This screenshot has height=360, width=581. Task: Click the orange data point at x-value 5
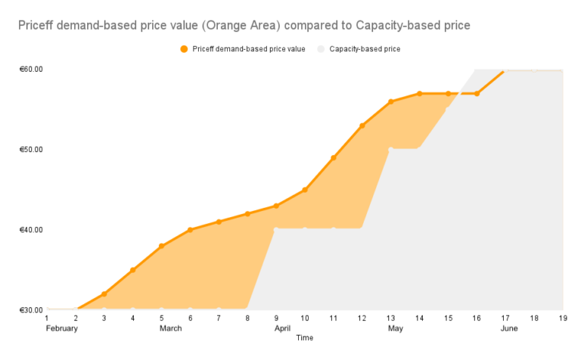coord(161,247)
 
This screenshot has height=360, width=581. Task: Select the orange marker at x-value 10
coord(305,190)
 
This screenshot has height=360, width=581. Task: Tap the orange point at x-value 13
coord(390,101)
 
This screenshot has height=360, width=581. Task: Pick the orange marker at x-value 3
coord(104,293)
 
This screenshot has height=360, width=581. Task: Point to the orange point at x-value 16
coord(477,94)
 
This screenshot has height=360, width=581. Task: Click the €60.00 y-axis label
coord(31,70)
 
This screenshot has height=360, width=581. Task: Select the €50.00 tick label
coord(31,150)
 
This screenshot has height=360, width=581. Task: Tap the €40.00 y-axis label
coord(31,230)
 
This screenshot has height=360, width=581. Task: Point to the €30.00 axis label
coord(31,310)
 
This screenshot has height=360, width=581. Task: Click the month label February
coord(62,329)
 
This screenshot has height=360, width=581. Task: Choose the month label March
coord(170,329)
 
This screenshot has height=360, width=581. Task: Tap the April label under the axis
coord(282,329)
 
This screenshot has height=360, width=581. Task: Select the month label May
coord(395,329)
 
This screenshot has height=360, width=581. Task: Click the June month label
coord(509,329)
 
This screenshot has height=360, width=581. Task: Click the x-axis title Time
coord(304,338)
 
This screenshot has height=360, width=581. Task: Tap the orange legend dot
coord(184,49)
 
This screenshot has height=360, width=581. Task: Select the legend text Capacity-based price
coord(365,49)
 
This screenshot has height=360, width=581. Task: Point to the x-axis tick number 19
coord(562,318)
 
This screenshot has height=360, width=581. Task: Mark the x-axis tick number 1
coord(47,318)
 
